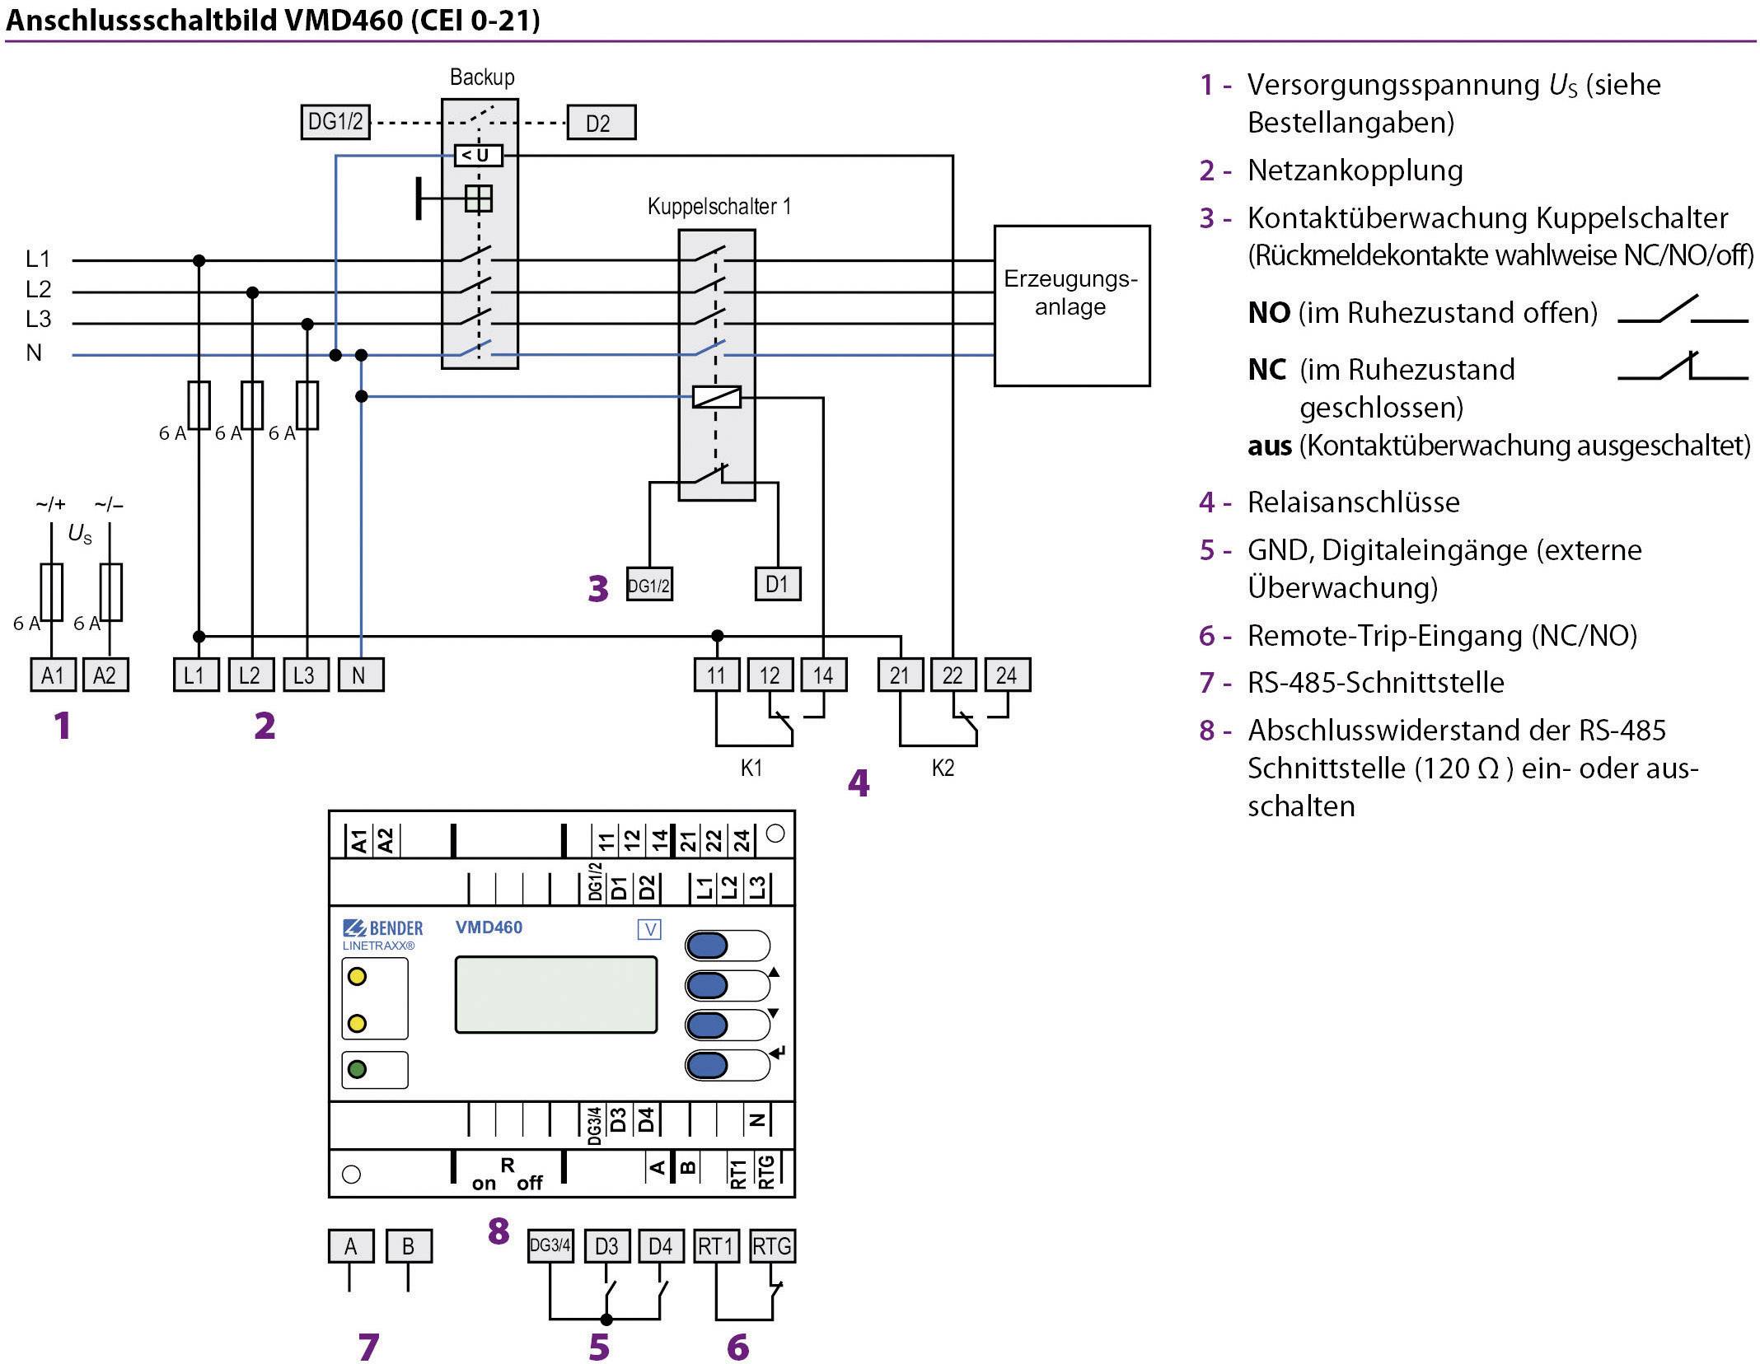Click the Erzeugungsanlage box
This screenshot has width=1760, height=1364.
[x=1071, y=306]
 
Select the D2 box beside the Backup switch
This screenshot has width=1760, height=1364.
[x=601, y=123]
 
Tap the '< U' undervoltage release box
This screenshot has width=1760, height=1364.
[x=478, y=155]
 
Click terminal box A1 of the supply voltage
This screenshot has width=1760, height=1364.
[x=53, y=675]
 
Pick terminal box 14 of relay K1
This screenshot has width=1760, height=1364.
[x=823, y=675]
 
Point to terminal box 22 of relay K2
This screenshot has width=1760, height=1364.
[x=953, y=675]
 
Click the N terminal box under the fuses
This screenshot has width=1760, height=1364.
[x=360, y=675]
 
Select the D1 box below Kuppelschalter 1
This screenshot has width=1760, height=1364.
[x=777, y=584]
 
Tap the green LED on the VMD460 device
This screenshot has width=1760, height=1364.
[x=357, y=1070]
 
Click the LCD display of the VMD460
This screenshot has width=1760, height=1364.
[x=556, y=994]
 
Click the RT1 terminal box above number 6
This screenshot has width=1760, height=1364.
[x=716, y=1246]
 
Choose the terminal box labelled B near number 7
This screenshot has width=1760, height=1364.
[x=408, y=1246]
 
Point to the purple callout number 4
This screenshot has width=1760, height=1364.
[x=859, y=783]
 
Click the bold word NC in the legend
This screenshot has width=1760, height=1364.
[x=1267, y=370]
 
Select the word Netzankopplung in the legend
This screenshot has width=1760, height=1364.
[x=1355, y=170]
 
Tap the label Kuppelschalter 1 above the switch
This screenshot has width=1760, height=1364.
[x=719, y=206]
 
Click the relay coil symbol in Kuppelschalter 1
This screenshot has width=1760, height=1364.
[x=716, y=398]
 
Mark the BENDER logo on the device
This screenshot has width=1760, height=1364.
[x=384, y=928]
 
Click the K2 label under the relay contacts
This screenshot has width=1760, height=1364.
[x=943, y=768]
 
